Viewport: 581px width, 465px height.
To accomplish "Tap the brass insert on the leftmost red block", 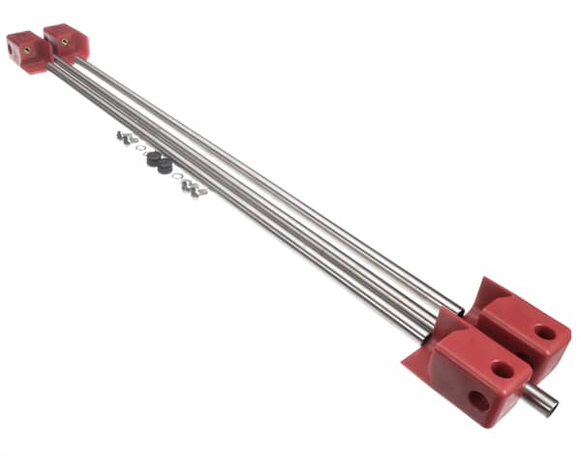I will coord(28,47).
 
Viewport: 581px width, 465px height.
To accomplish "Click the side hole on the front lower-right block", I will coord(478,399).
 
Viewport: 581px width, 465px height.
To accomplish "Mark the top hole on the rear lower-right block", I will coord(545,332).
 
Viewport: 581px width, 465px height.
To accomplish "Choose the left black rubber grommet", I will coord(153,160).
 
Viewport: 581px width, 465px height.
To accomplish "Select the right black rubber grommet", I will coord(166,166).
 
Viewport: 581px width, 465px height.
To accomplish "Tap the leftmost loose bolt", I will coord(122,138).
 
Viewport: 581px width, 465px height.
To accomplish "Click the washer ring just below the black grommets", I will coord(176,176).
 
